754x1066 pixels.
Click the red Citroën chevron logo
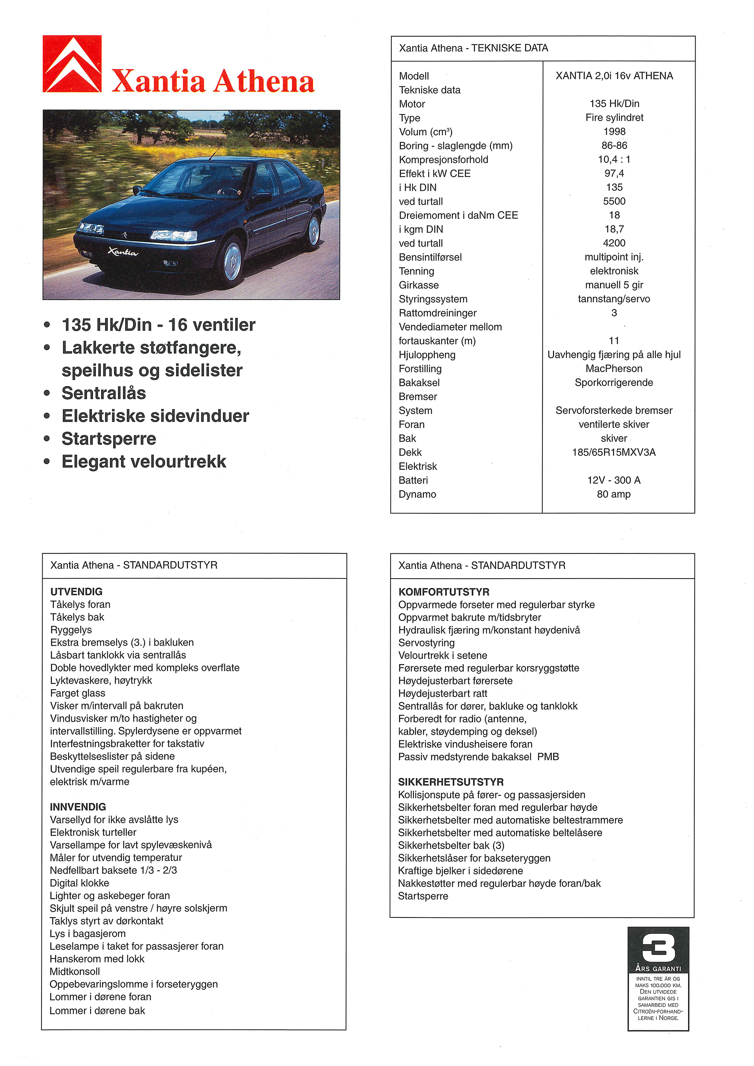point(72,64)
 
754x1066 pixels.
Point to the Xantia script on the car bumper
point(123,252)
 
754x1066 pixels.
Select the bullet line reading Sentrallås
point(104,393)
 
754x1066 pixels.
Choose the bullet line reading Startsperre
point(109,439)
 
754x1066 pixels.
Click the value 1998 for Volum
point(614,132)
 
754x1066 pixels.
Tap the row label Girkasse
point(418,285)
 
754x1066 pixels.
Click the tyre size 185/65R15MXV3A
point(613,452)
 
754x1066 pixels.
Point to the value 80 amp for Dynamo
point(613,494)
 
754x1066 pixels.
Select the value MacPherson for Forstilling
point(613,369)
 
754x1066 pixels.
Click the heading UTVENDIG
point(76,591)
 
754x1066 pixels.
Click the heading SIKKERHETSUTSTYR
point(451,782)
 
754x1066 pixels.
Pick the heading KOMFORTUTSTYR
point(443,592)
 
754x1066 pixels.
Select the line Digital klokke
point(80,883)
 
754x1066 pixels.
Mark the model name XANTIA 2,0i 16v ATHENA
point(614,76)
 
